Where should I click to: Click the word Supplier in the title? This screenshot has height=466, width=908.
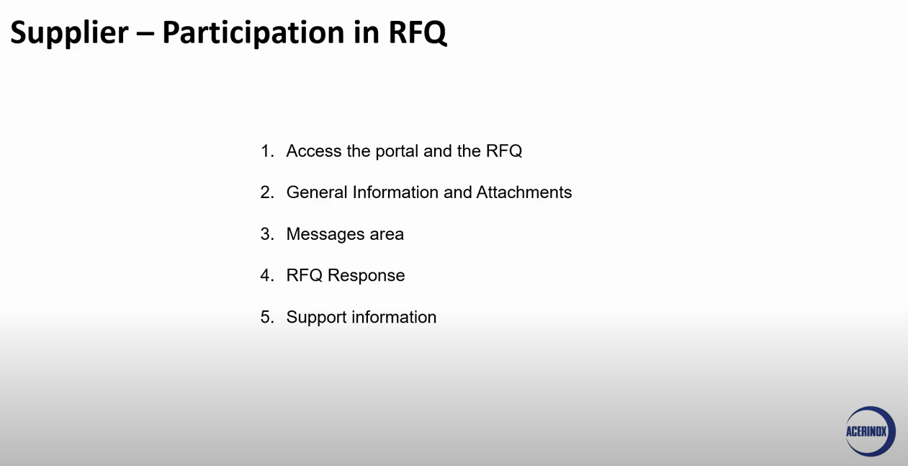point(69,33)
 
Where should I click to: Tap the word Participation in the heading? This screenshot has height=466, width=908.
point(253,33)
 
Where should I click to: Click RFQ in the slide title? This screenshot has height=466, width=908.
point(418,32)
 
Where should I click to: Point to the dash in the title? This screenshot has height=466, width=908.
point(145,34)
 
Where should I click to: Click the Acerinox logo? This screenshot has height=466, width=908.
point(870,431)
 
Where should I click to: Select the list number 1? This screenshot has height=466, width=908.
point(267,151)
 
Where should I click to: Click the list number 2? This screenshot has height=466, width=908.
point(267,192)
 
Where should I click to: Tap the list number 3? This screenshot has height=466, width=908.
point(267,234)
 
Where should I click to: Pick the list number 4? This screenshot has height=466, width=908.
point(267,275)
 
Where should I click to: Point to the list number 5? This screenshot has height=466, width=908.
point(267,317)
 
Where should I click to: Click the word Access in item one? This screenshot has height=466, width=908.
point(314,151)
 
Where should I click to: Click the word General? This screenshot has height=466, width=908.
point(317,192)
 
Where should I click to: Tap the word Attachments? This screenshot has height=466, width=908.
point(524,192)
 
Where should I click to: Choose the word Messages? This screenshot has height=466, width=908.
point(325,234)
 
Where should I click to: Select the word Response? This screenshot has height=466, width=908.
point(366,276)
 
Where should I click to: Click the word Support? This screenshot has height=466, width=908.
point(317,318)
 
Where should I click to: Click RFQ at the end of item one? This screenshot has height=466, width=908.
point(504,151)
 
